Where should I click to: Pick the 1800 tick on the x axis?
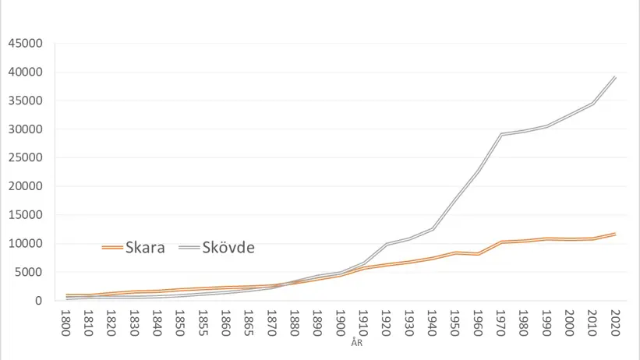coord(67,321)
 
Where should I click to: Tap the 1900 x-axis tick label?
coord(341,321)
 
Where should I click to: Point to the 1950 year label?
coord(454,321)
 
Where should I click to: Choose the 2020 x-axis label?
coord(614,321)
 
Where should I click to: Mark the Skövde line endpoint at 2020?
coord(615,77)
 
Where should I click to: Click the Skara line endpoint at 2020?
coord(615,234)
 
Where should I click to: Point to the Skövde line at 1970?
coord(500,134)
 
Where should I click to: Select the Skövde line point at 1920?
coord(387,244)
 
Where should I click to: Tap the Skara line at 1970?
coord(500,242)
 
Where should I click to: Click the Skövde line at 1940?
coord(432,228)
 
